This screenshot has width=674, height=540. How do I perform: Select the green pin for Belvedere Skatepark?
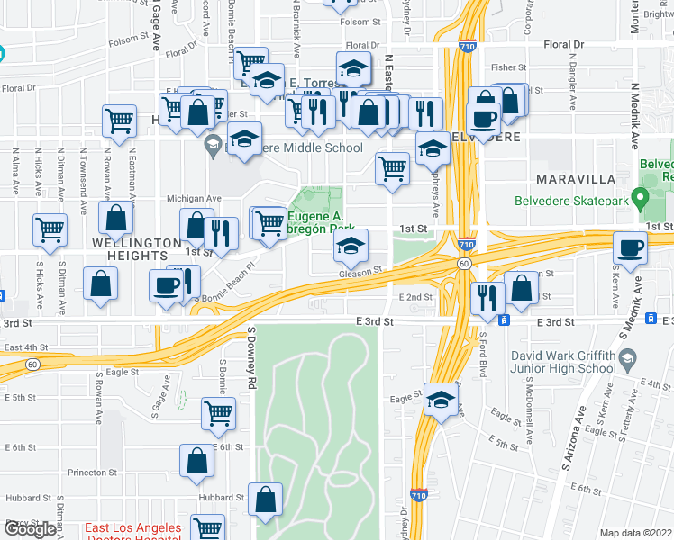point(640,196)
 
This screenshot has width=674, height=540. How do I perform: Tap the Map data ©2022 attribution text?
point(635,533)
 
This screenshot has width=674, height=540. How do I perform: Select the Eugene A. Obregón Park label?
point(317,222)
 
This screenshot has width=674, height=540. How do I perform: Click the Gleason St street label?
point(361,270)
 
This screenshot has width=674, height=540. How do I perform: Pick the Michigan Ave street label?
point(194,198)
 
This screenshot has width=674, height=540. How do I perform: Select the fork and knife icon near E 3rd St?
point(487,297)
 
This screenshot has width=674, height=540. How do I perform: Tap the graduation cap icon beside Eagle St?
point(441,400)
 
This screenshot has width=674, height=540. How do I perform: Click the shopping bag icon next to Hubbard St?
point(266,499)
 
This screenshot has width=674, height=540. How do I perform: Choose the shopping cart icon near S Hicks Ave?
point(50,229)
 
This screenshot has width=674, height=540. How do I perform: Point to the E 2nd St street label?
point(415,296)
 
